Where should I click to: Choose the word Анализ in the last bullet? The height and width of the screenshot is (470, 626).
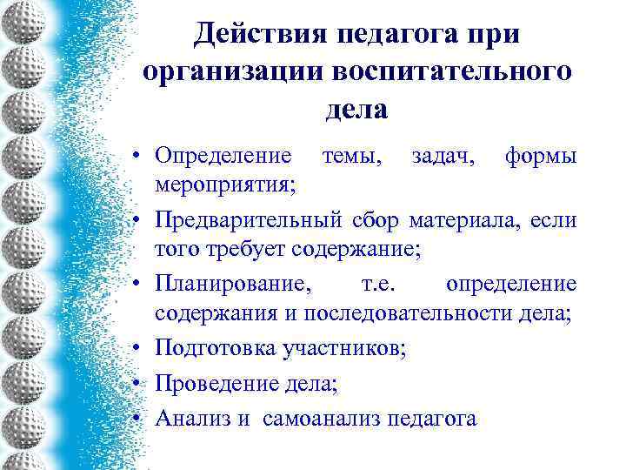[x=194, y=418]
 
